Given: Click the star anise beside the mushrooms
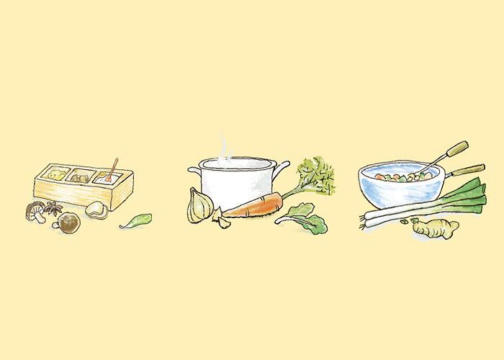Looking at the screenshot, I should click(53, 210).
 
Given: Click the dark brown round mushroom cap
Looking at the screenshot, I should click(69, 224).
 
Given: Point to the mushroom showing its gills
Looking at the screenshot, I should click(35, 211).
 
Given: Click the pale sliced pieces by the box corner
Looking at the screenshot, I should click(96, 210).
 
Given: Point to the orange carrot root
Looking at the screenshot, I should click(252, 208).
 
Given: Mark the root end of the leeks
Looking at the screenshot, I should click(367, 218).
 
